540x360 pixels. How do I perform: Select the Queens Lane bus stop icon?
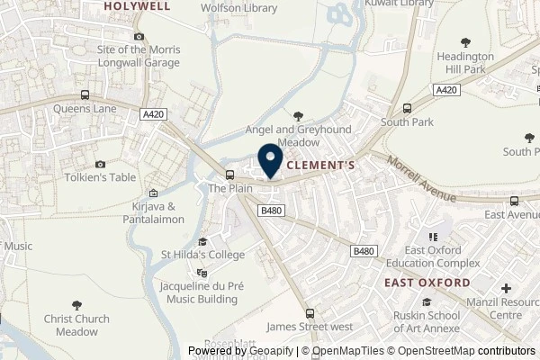pyautogui.click(x=85, y=95)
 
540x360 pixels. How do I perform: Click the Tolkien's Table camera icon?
pyautogui.click(x=100, y=165)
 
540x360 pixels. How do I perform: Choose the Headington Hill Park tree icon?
pyautogui.click(x=465, y=41)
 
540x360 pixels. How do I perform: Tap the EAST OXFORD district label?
pyautogui.click(x=427, y=283)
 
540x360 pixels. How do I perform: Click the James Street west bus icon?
pyautogui.click(x=310, y=313)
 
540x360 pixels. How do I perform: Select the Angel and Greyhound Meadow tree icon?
pyautogui.click(x=298, y=115)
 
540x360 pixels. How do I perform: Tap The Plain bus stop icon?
pyautogui.click(x=229, y=175)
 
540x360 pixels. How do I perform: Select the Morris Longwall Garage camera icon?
pyautogui.click(x=139, y=36)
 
